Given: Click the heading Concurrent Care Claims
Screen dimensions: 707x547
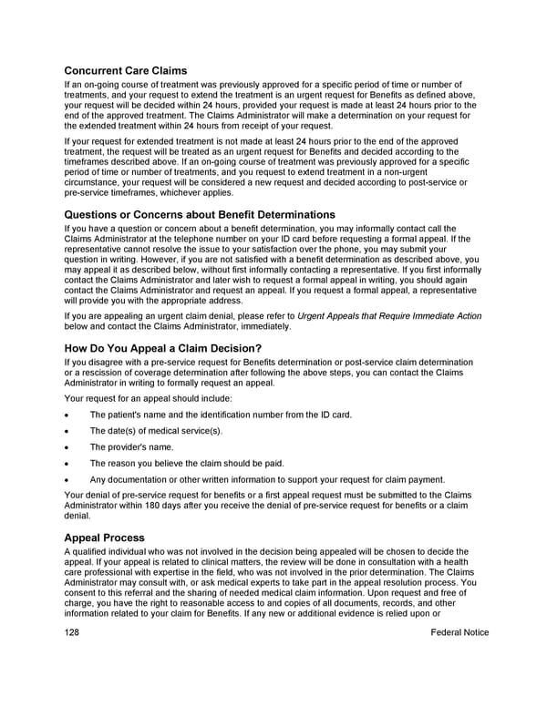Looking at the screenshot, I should (126, 71).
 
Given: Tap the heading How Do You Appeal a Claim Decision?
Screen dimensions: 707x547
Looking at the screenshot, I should (162, 348).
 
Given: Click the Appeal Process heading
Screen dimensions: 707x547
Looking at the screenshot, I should (105, 538).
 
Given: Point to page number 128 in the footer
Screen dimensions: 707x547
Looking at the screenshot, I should (74, 632).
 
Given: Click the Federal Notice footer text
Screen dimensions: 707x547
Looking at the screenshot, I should (458, 632).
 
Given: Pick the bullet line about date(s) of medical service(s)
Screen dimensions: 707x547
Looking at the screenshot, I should (156, 431).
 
